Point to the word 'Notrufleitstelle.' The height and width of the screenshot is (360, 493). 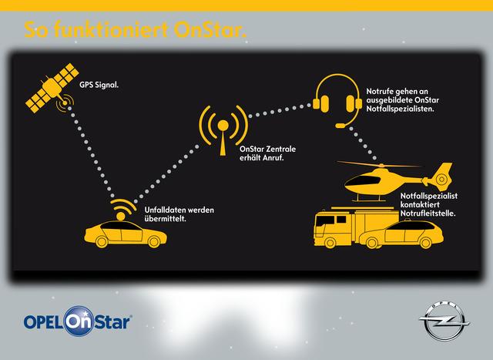pyautogui.click(x=427, y=212)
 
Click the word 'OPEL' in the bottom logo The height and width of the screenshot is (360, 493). pyautogui.click(x=42, y=320)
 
